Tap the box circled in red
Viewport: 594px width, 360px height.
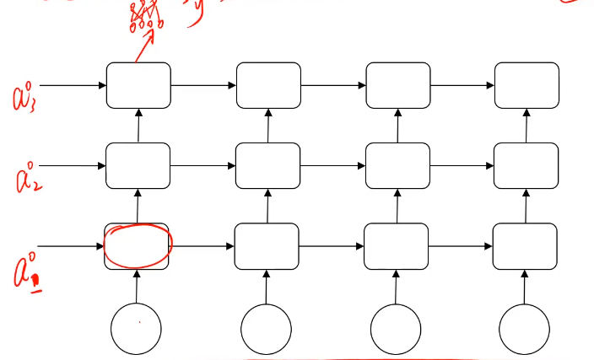coord(137,245)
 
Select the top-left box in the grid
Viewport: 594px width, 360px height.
coord(138,85)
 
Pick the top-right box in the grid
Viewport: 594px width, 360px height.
coord(526,85)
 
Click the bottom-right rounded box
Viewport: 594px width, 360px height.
coord(524,246)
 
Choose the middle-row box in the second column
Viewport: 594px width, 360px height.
coord(267,165)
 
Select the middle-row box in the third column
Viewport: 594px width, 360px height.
coord(397,165)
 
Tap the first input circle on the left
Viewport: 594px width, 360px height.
coord(137,328)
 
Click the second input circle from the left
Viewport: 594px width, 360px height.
coord(267,328)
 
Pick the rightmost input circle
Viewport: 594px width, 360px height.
coord(524,328)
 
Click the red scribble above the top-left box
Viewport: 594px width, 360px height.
coord(145,17)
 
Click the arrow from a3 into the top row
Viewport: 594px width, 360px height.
coord(73,85)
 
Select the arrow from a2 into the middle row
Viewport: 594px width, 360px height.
coord(73,166)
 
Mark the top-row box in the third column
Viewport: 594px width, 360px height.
coord(397,85)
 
